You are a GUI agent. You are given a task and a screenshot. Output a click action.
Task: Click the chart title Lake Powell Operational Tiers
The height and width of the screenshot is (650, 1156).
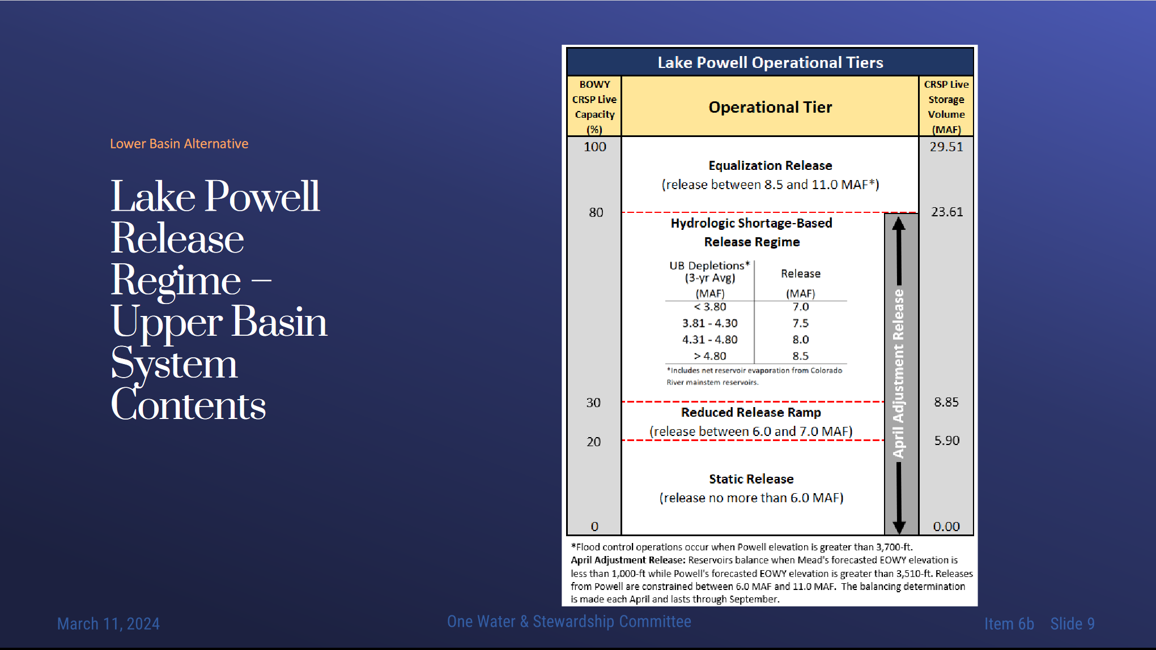coord(770,62)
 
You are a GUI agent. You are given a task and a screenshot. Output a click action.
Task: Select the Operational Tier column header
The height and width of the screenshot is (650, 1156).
coord(770,107)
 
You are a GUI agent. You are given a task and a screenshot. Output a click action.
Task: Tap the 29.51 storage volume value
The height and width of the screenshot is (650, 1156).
coord(946,147)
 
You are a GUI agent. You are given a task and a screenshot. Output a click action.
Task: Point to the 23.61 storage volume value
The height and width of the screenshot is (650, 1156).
coord(947,212)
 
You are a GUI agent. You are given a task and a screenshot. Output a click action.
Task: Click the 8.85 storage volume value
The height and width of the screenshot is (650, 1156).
coord(946,402)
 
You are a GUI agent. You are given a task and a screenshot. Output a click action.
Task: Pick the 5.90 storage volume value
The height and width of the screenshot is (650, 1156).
coord(947,441)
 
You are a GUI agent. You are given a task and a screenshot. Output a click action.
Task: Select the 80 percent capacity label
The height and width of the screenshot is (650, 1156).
coord(596,212)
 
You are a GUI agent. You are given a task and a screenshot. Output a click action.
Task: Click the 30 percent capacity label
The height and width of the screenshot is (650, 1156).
coord(593,403)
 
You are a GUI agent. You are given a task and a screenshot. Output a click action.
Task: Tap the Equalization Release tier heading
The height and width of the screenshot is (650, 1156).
coord(770,165)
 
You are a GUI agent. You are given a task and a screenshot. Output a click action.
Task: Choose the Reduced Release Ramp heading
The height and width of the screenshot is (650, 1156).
coord(751,412)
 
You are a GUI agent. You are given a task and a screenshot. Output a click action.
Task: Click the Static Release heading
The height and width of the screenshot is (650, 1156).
coord(751,479)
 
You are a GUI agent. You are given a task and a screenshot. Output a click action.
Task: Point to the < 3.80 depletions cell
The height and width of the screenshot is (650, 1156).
coord(710,307)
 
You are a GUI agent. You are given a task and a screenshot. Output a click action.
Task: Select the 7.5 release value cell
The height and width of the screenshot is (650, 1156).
coord(801,323)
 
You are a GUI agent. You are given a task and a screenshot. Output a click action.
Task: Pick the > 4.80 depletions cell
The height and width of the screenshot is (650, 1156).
coord(710,356)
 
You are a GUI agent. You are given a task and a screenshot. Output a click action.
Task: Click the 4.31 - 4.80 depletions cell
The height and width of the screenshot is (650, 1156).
coord(710,340)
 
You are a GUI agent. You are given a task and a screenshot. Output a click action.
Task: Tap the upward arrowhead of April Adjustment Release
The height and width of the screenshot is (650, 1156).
coord(899,223)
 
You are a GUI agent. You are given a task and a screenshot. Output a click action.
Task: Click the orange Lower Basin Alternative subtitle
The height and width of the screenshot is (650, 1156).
coord(179,144)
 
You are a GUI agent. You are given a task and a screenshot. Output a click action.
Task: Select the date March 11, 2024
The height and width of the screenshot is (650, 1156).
coord(108,624)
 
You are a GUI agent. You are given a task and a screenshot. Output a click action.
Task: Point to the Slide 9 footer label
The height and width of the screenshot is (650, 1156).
coord(1072,624)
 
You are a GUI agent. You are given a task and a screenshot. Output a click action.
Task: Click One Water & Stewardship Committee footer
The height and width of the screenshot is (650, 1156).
coord(569,622)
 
